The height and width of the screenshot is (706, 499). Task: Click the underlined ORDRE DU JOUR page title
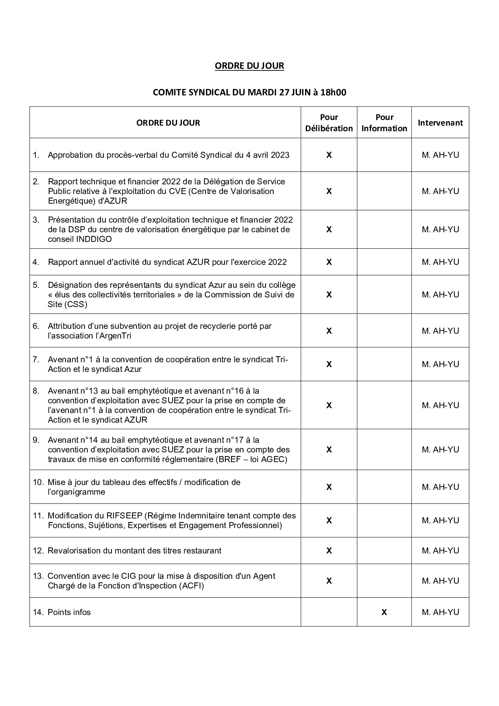tap(249, 66)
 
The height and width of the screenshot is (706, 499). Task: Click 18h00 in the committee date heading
tap(333, 93)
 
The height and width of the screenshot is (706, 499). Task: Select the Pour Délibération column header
tap(329, 123)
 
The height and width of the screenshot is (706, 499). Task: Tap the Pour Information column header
tap(384, 123)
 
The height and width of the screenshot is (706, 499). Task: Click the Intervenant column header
tap(440, 123)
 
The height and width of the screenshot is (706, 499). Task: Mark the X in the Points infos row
tap(384, 612)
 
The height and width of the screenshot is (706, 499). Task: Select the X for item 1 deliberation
tap(329, 155)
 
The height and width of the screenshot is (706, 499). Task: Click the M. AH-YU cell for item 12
tap(440, 551)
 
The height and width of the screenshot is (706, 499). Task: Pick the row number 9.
tap(36, 440)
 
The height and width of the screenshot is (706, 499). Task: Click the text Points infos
tap(69, 612)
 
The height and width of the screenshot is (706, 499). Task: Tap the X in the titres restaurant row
tap(329, 551)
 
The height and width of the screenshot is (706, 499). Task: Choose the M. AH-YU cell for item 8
tap(440, 405)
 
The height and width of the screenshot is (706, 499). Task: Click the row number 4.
tap(36, 262)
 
